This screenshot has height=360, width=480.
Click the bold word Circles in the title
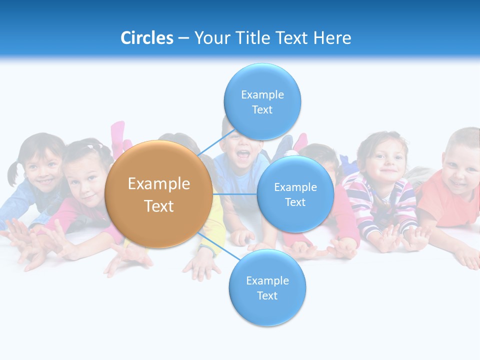(146, 38)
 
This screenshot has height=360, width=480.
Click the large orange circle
(158, 194)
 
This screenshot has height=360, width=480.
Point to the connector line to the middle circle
(235, 193)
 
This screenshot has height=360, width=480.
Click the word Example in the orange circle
(158, 184)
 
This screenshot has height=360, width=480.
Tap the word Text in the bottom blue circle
(267, 296)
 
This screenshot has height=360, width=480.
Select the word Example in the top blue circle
(262, 95)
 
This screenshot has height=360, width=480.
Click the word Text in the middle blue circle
(295, 202)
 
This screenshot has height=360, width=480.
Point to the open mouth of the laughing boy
(242, 155)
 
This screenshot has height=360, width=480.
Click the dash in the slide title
(183, 38)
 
